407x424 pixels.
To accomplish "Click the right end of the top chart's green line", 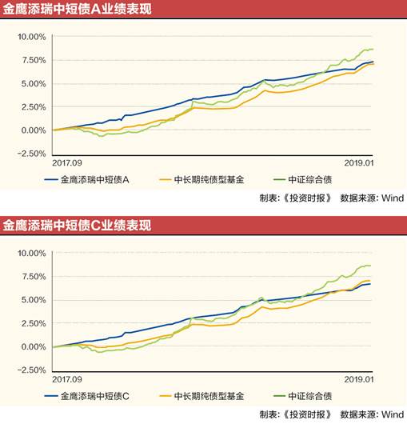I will [373, 50].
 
